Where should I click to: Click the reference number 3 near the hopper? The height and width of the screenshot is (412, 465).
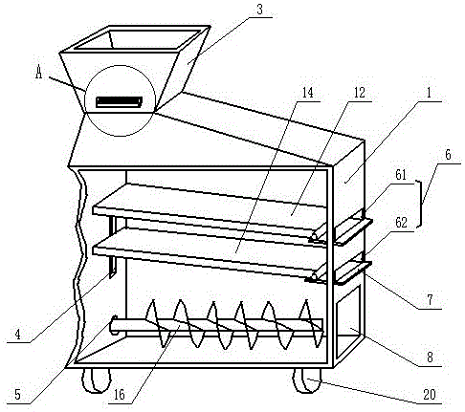[x=260, y=10]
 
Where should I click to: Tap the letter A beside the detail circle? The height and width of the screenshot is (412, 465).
[x=38, y=73]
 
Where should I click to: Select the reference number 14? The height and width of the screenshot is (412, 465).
[x=308, y=93]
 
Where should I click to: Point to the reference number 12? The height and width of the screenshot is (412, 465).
[x=359, y=93]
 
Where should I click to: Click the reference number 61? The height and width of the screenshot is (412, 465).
[x=401, y=175]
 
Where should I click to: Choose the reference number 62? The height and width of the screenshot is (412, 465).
[x=401, y=223]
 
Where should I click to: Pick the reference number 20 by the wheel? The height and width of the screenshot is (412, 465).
[x=430, y=395]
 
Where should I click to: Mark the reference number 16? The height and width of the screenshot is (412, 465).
[x=120, y=395]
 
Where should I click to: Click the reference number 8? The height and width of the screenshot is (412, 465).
[x=430, y=358]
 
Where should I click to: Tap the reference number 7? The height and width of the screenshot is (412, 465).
[x=430, y=300]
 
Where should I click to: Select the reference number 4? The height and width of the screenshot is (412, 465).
[x=18, y=335]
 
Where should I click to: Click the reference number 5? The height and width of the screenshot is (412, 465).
[x=18, y=395]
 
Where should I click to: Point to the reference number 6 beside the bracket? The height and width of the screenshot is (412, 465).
[x=448, y=155]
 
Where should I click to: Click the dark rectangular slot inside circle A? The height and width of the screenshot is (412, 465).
[x=119, y=102]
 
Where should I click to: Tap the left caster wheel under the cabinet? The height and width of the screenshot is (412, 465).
[x=97, y=380]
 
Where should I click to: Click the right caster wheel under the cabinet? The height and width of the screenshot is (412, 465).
[x=307, y=380]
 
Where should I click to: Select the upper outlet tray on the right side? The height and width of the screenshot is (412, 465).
[x=352, y=231]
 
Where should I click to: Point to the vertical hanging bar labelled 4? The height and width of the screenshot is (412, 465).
[x=112, y=247]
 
